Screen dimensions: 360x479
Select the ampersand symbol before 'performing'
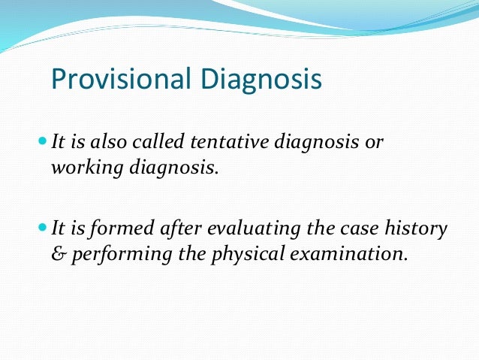(x=57, y=254)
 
